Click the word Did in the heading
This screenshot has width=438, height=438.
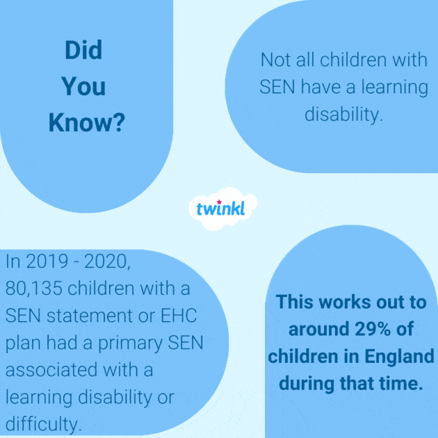click(83, 50)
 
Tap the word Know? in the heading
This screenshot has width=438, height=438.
click(86, 123)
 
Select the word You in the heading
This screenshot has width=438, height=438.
click(83, 86)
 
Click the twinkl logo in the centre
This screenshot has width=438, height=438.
click(220, 209)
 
